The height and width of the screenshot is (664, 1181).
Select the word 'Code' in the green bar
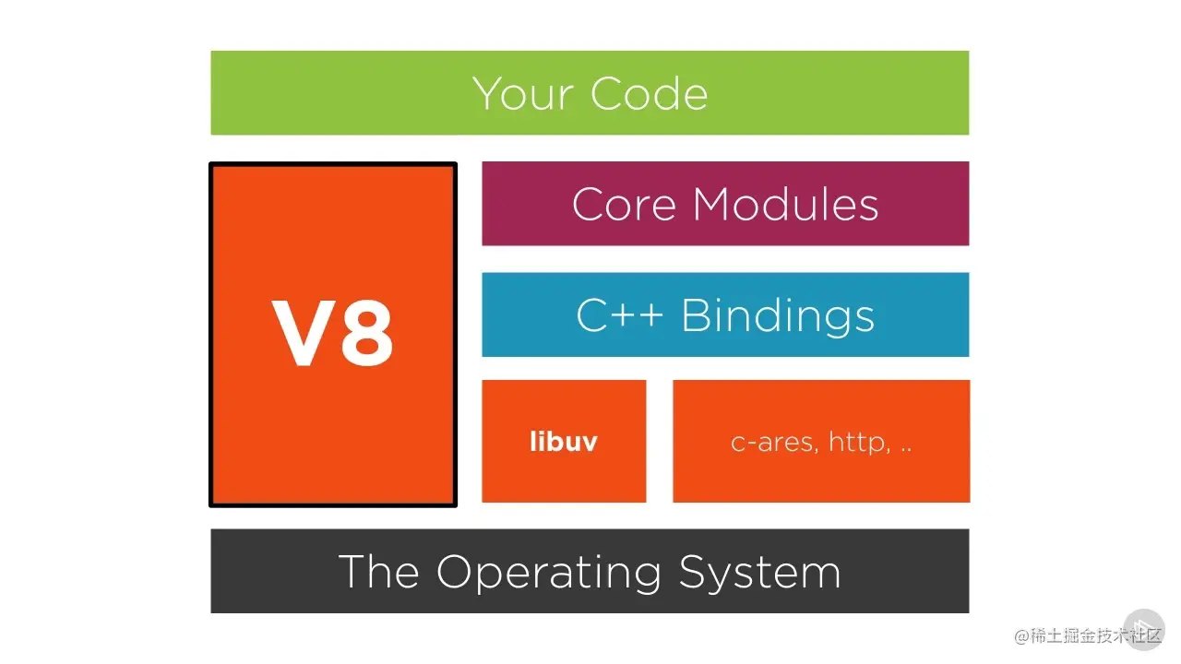[x=649, y=93]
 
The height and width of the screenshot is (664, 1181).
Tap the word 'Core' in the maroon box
[x=625, y=204]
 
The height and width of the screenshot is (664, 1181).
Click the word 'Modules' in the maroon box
[x=785, y=204]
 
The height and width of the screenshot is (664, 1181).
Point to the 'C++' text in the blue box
[x=619, y=315]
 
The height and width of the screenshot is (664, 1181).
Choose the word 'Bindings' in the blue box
[x=778, y=316]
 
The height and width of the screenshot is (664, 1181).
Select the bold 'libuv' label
[x=564, y=442]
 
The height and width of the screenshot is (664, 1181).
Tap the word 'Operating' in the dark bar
[x=550, y=572]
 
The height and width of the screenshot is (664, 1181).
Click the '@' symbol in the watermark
[x=1022, y=635]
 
